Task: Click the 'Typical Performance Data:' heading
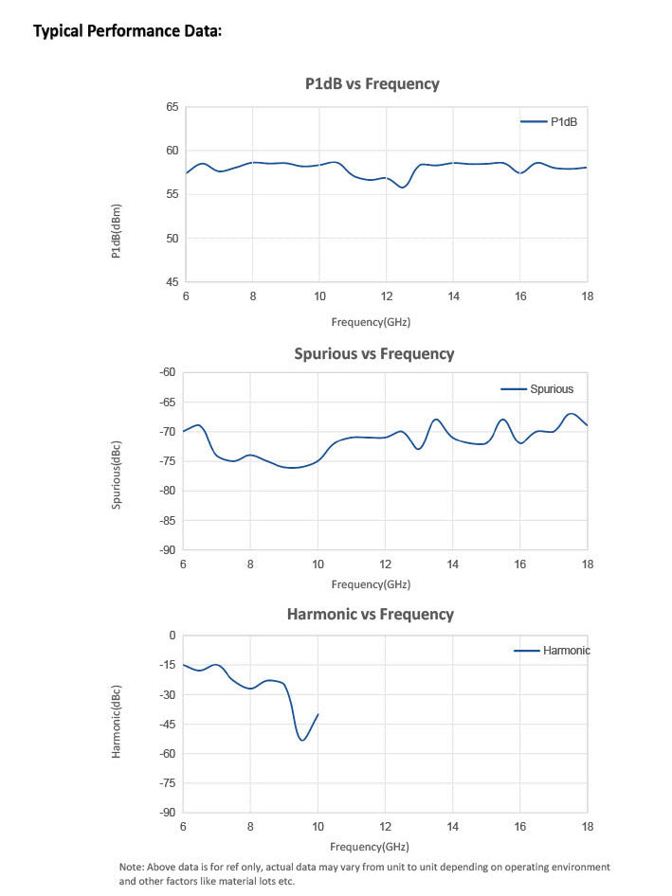click(127, 31)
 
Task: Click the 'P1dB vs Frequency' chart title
click(372, 83)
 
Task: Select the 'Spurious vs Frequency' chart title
click(373, 353)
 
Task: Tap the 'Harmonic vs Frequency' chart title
click(370, 614)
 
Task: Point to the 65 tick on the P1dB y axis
click(172, 107)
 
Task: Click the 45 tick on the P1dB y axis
click(172, 282)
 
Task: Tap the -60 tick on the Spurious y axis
click(168, 372)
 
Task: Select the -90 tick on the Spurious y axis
click(168, 549)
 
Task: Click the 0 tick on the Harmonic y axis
click(173, 636)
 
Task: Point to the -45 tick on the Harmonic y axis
click(168, 725)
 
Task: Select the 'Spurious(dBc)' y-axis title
click(117, 474)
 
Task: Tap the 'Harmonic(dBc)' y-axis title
click(117, 722)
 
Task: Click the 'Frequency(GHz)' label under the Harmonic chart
click(370, 846)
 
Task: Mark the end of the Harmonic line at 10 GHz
click(318, 714)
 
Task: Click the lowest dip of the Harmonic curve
click(302, 740)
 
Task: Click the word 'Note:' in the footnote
click(130, 867)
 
